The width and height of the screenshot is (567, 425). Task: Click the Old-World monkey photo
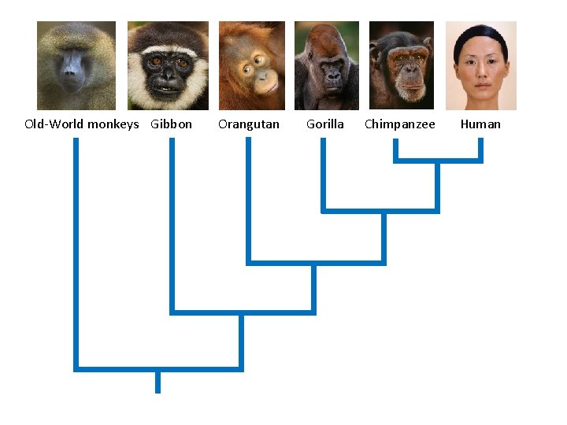[76, 65]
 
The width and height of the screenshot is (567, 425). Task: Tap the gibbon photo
[168, 65]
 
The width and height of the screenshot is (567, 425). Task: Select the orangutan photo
[252, 65]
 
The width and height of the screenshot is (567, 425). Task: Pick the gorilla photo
[326, 65]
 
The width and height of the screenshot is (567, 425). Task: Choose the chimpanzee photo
[401, 65]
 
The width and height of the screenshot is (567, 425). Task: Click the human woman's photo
[480, 65]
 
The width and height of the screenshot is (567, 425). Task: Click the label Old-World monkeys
[82, 124]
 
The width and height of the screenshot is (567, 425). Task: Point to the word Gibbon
[171, 124]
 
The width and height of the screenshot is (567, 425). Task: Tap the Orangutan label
[248, 124]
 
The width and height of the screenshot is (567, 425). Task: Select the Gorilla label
[325, 124]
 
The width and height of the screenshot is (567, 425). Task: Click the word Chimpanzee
[399, 124]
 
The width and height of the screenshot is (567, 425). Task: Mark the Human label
[480, 124]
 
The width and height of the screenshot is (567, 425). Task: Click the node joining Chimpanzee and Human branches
[437, 161]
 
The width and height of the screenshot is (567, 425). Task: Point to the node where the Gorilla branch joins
[384, 211]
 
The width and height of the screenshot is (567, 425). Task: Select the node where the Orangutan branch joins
[313, 264]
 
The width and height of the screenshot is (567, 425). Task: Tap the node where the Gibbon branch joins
[241, 313]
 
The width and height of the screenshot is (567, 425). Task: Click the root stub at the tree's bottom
[157, 382]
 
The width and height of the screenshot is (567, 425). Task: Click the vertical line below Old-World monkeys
[76, 252]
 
